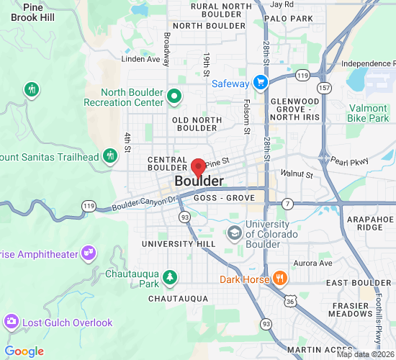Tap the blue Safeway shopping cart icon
tap(260, 83)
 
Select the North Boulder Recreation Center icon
tap(174, 95)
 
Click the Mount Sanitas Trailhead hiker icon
tap(109, 155)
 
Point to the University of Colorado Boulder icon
tap(234, 232)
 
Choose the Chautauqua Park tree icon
tap(170, 276)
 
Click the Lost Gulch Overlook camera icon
tap(12, 322)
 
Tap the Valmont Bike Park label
tap(368, 113)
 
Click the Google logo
tap(24, 351)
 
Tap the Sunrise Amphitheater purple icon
tap(89, 252)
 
